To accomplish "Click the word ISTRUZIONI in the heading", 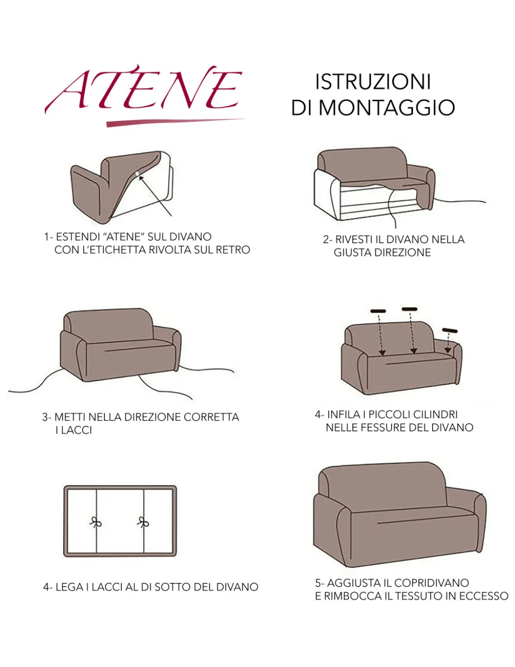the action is click(x=373, y=82).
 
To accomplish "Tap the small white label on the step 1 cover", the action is click(x=138, y=174).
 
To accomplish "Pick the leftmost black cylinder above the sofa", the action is click(x=378, y=311).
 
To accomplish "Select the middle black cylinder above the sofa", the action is click(x=410, y=309).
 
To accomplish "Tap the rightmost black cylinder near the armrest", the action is click(x=450, y=330).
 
